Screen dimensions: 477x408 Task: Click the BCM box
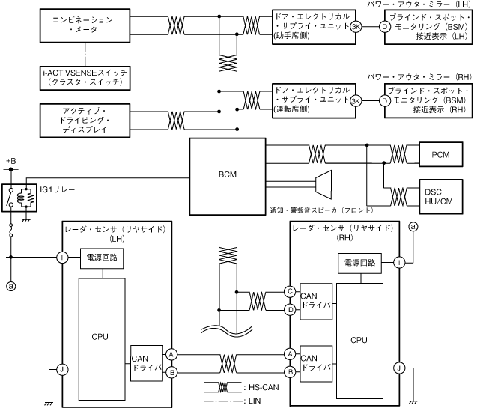tap(228, 177)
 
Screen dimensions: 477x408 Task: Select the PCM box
tap(441, 154)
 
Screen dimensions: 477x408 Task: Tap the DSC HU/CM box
tap(441, 197)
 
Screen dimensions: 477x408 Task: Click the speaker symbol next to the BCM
tap(323, 185)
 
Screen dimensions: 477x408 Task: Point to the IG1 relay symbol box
tap(19, 198)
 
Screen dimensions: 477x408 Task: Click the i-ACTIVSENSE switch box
tap(85, 78)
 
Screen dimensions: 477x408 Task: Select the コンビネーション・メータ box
tap(85, 25)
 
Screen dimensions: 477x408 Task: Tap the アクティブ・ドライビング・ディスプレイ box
tap(85, 121)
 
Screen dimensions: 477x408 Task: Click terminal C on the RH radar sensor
tap(290, 291)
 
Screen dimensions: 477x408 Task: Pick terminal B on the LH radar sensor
tap(171, 372)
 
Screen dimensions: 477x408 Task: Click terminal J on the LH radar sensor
tap(62, 369)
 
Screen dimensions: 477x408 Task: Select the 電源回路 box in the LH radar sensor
tap(102, 258)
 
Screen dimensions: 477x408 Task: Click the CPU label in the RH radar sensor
tap(359, 340)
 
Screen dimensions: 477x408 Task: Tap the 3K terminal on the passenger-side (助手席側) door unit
tap(356, 27)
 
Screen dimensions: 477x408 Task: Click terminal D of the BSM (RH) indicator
tap(385, 100)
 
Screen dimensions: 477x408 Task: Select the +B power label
tap(11, 161)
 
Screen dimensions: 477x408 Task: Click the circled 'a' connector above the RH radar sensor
tap(413, 227)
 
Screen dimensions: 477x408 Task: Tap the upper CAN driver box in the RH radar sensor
tap(316, 301)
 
